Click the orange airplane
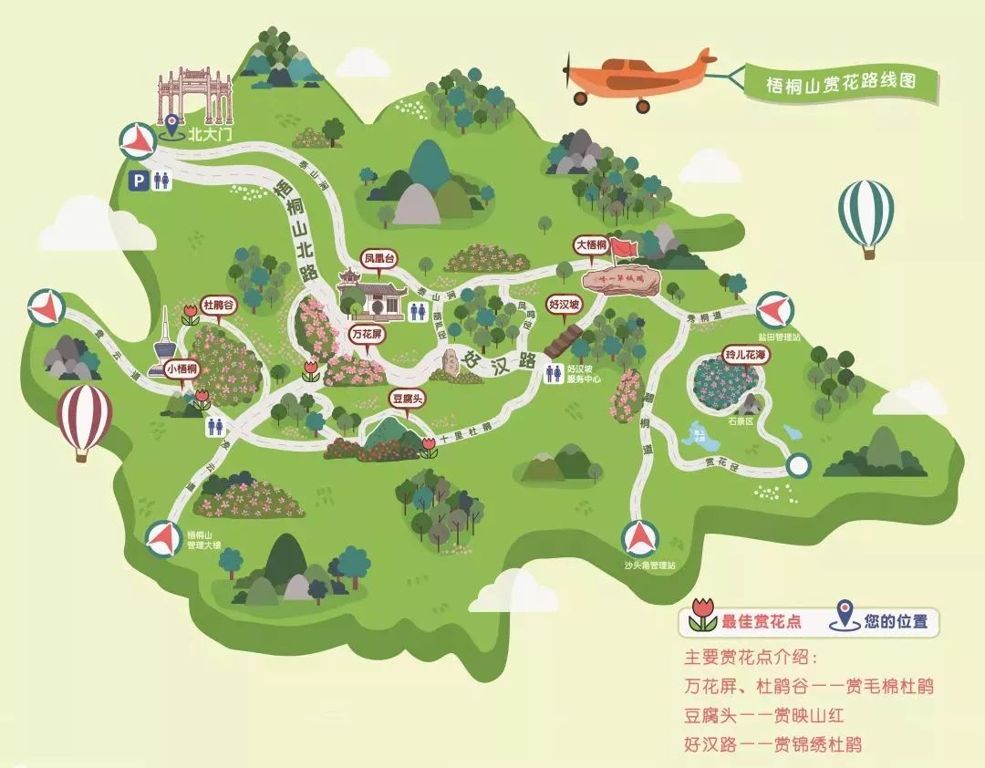click(638, 76)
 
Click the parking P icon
click(139, 181)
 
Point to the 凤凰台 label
click(382, 258)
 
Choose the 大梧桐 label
click(591, 245)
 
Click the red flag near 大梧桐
click(625, 247)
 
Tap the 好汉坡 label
click(564, 306)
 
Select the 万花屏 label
click(370, 335)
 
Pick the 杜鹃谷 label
click(218, 305)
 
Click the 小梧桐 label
click(182, 368)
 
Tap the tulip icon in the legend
click(702, 618)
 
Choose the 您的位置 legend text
click(897, 622)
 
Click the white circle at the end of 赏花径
click(798, 465)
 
